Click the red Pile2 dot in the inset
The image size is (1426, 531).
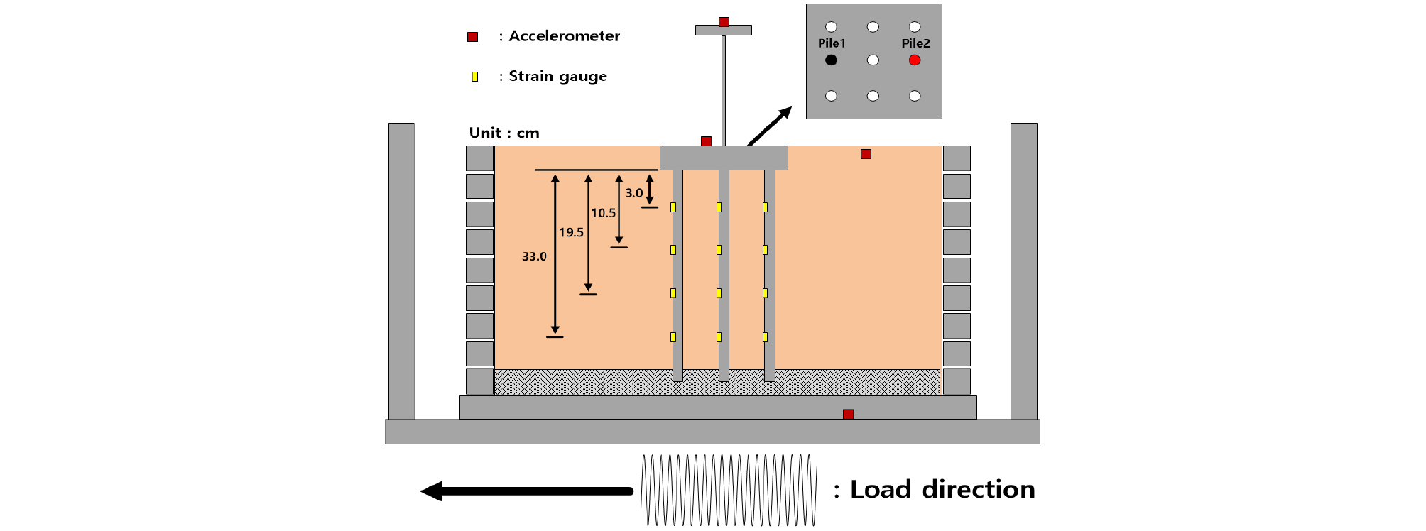coord(915,60)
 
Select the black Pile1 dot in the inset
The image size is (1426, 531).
coord(831,60)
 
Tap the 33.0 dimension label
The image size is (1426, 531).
coord(534,256)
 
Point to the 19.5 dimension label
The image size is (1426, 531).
coord(571,232)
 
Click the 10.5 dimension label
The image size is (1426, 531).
coord(603,212)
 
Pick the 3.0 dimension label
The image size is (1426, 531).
coord(633,192)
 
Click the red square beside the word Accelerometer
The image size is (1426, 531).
coord(472,37)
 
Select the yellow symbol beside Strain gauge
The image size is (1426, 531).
coord(475,77)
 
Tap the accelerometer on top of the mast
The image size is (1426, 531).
coord(724,22)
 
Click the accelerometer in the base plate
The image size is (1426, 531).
coord(848,414)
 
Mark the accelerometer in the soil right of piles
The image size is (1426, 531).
coord(866,154)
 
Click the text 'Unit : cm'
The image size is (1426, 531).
coord(504,133)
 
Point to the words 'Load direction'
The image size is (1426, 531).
coord(942,489)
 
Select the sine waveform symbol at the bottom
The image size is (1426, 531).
coord(729,491)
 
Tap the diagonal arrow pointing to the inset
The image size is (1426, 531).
coord(770,126)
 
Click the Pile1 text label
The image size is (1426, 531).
coord(832,43)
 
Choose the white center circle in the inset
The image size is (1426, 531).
coord(873,60)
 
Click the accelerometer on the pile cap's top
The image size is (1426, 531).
coord(706,141)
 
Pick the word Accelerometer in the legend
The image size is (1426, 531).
coord(564,36)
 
